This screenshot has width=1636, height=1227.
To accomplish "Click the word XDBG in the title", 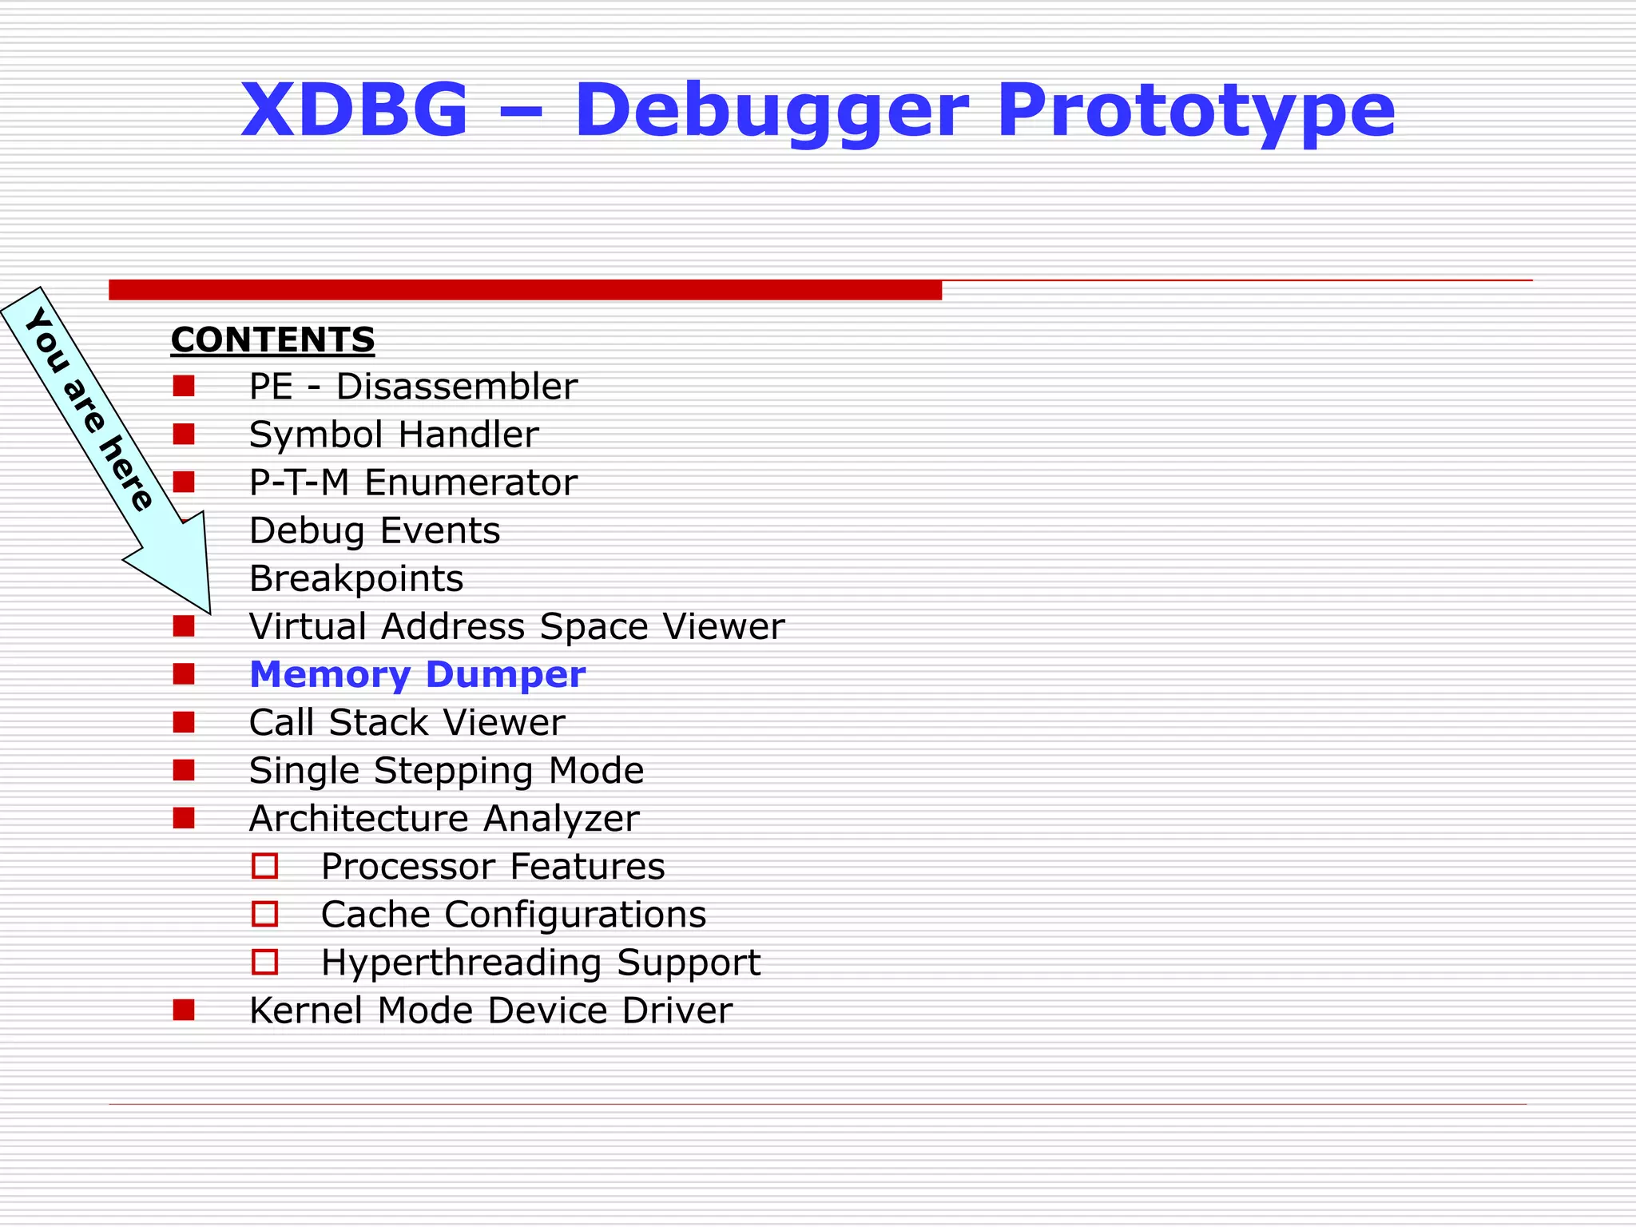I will (354, 109).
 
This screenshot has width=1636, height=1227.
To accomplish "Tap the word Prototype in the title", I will (1196, 112).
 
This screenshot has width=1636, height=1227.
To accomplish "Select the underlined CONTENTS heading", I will (272, 340).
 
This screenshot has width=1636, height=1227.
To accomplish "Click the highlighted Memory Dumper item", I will (417, 674).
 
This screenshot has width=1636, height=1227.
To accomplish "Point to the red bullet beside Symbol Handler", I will (184, 434).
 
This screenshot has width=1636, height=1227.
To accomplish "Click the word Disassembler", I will (456, 387).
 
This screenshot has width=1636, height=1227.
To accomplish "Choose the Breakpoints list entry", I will (356, 578).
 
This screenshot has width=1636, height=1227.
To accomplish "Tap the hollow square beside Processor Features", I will (264, 866).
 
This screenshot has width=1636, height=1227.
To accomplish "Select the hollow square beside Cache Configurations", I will (264, 914).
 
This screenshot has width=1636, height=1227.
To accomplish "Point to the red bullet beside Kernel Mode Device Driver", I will (184, 1010).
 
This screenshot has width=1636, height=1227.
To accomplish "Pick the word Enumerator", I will (471, 482).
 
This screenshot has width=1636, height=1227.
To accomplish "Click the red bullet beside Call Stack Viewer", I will (184, 722).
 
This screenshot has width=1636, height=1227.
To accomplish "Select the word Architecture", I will (359, 818).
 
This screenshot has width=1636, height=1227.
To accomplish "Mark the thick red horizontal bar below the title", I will (525, 290).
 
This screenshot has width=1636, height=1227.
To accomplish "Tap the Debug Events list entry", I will (375, 530).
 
